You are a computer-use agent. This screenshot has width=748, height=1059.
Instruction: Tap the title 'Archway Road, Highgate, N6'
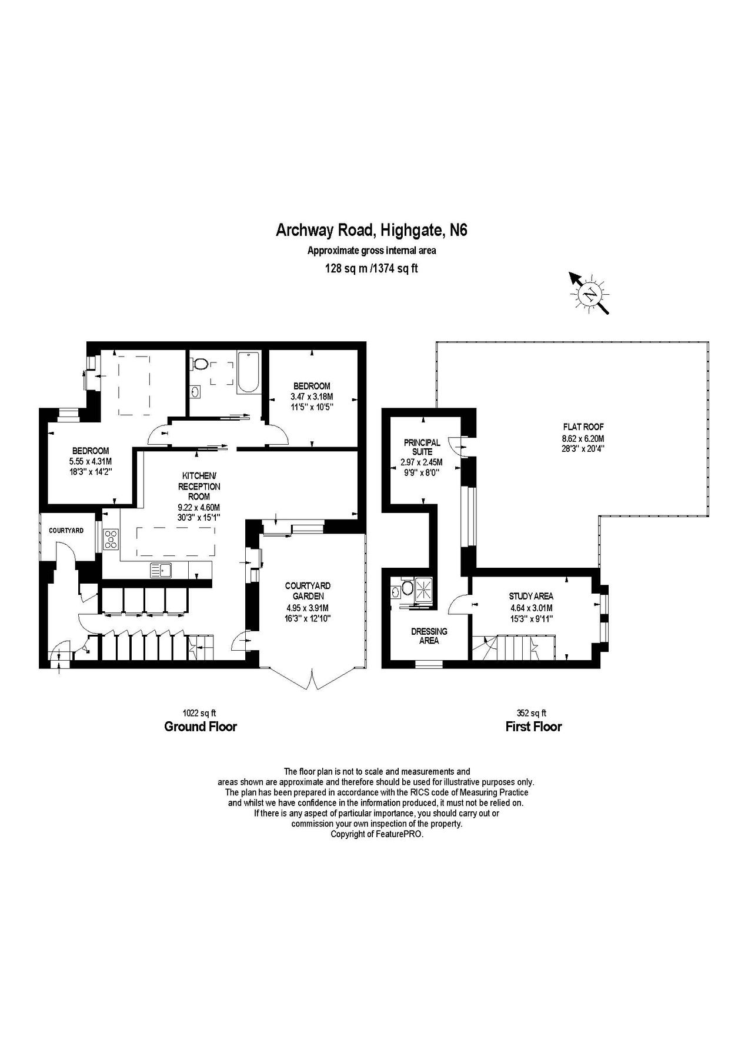[x=372, y=230]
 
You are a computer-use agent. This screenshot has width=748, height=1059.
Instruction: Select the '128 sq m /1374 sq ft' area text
[x=372, y=268]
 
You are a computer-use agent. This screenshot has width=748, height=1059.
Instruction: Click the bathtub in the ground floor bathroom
[x=248, y=372]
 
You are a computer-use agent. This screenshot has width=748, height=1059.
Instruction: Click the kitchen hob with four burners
[x=111, y=539]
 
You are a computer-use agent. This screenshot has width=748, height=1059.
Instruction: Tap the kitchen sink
[x=160, y=570]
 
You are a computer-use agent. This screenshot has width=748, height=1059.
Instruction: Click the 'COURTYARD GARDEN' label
[x=308, y=591]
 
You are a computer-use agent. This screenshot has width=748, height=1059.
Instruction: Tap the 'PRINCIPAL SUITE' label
[x=422, y=447]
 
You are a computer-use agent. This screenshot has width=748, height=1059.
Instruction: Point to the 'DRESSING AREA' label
[x=429, y=636]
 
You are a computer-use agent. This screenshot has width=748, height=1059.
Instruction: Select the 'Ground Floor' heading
[x=201, y=727]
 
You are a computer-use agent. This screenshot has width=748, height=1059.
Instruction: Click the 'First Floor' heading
[x=533, y=727]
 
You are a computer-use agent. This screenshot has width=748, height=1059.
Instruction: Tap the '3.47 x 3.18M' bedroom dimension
[x=312, y=397]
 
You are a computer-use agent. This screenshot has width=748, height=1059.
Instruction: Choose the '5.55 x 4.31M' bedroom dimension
[x=91, y=461]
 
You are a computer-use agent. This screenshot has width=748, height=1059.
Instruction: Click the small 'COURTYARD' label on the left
[x=66, y=531]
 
